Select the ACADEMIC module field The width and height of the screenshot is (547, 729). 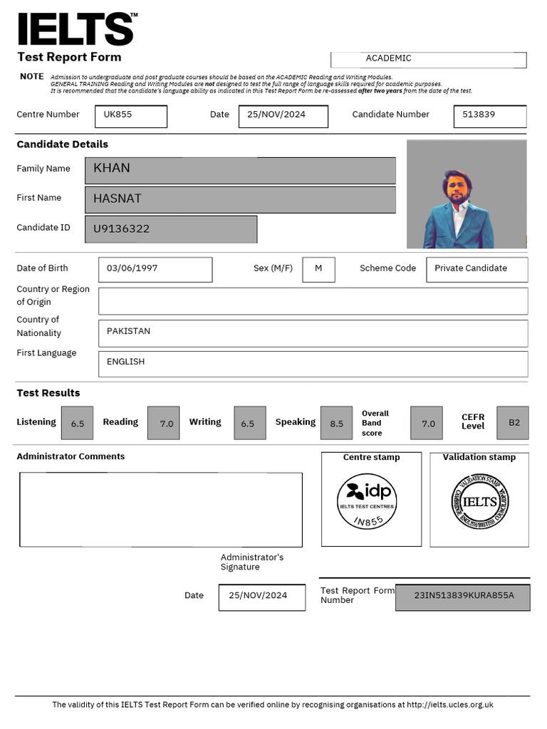point(428,59)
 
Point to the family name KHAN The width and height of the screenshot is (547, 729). point(240,170)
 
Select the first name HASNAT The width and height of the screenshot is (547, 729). point(240,199)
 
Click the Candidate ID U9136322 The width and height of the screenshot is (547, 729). point(171,229)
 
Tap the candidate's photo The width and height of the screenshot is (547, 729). point(466,194)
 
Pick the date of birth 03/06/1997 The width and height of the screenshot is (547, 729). point(155,269)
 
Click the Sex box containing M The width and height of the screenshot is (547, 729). point(318,269)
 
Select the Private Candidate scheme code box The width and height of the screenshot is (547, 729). point(476,269)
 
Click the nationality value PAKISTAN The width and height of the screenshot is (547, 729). point(313,332)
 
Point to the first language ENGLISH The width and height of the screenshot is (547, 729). point(313,363)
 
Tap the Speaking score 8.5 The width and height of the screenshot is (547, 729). point(336,423)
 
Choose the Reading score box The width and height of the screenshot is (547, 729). point(163,423)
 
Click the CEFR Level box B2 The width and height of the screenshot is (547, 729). point(513,422)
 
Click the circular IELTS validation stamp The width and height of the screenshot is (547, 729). point(479,502)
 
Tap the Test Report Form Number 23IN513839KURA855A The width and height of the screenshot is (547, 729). point(463,597)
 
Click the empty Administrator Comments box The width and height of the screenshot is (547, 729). point(161,509)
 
